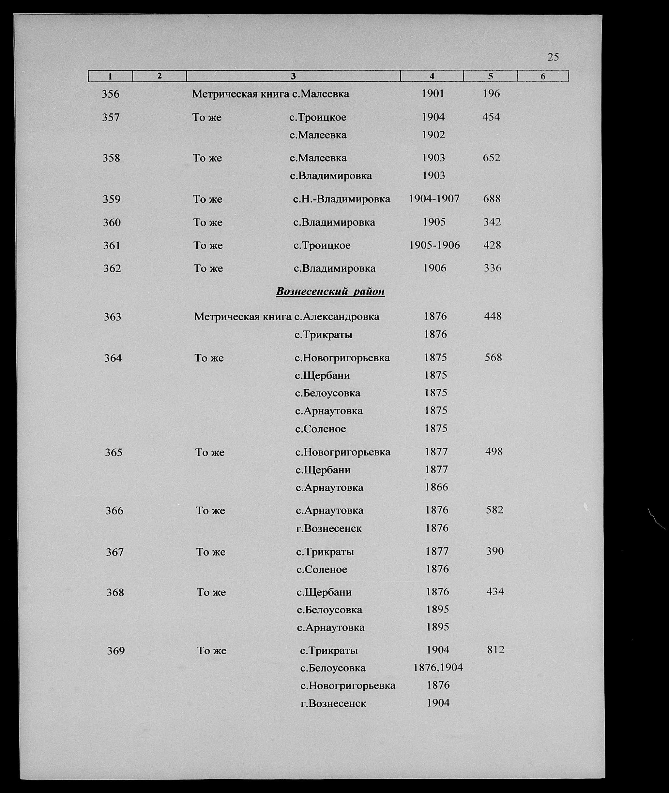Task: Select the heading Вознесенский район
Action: [x=330, y=291]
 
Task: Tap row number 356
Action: [x=110, y=94]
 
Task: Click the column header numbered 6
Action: [x=543, y=77]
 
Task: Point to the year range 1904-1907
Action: [x=434, y=198]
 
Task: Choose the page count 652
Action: [x=491, y=158]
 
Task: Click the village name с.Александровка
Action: [x=336, y=316]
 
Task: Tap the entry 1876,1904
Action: [x=438, y=667]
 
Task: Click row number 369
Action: [x=116, y=651]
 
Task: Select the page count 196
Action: [x=491, y=94]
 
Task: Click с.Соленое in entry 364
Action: [x=320, y=429]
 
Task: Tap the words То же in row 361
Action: [x=208, y=246]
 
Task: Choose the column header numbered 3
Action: [x=293, y=77]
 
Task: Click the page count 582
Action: [x=494, y=510]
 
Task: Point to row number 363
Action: [x=113, y=316]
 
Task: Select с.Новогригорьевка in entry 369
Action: [x=347, y=685]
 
